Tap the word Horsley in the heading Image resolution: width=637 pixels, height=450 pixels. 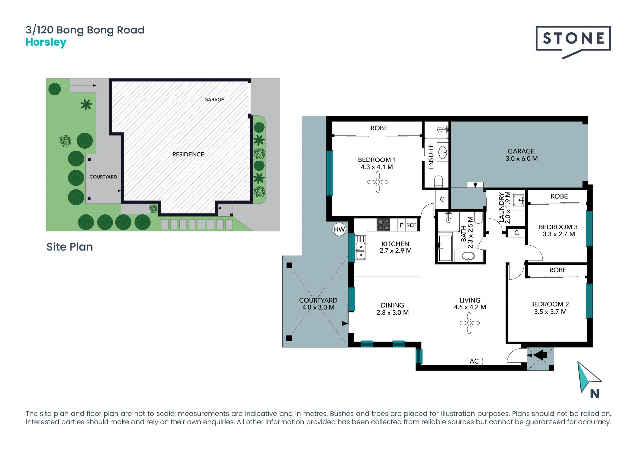point(46,42)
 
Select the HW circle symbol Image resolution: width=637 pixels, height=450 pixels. point(339,229)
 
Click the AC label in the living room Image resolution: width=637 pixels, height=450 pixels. point(474,361)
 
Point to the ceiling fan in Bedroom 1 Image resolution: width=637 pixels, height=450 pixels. point(378,182)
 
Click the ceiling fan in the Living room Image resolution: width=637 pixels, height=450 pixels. point(469,323)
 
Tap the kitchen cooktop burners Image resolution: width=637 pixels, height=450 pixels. point(383,225)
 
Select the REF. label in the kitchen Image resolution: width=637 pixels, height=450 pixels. point(411,225)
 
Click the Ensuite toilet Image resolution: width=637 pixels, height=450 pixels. point(439,181)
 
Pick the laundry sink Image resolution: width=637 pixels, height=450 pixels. point(518,200)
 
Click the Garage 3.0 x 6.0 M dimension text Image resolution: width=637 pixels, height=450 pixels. point(522,159)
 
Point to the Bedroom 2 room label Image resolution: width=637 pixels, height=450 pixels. point(549,304)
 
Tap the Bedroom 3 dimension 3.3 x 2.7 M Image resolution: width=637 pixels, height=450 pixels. point(559,234)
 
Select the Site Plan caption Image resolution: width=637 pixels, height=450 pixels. point(70,247)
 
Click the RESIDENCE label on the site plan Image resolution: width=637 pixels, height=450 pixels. point(188,154)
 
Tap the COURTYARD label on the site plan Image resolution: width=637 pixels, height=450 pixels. point(103,177)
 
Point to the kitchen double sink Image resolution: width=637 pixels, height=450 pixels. point(361,247)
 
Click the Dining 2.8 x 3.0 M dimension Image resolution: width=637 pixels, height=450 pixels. point(392,313)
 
